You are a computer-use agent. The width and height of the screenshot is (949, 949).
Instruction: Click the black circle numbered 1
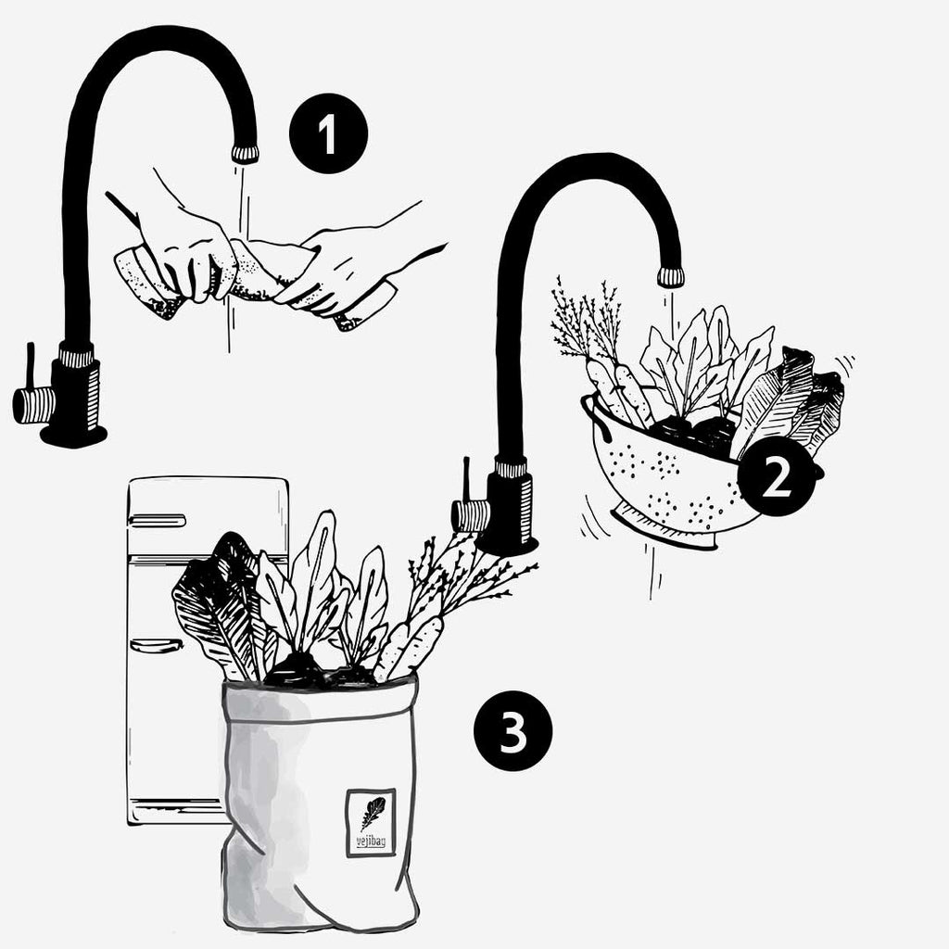tap(328, 133)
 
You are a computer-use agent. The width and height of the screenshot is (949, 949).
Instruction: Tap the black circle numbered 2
tap(776, 477)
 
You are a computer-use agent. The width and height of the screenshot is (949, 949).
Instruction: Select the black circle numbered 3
tap(513, 731)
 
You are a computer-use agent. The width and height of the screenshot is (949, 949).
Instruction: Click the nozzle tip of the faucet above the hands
tap(245, 155)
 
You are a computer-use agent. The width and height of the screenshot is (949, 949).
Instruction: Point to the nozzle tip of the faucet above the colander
tap(671, 277)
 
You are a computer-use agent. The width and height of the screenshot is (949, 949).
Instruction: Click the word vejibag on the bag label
tap(371, 841)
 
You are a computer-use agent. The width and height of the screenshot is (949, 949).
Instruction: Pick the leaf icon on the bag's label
tap(373, 813)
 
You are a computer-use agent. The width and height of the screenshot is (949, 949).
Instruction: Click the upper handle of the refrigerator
tap(157, 521)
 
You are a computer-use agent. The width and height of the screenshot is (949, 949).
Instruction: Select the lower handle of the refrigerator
tap(156, 646)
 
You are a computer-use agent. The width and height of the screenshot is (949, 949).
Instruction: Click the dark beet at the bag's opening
tap(297, 672)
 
